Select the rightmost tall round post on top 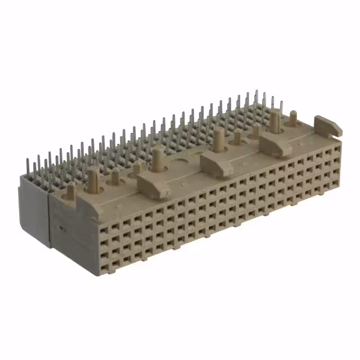tap(275, 121)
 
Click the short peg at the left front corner tap(71, 191)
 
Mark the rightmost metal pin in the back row tap(281, 107)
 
